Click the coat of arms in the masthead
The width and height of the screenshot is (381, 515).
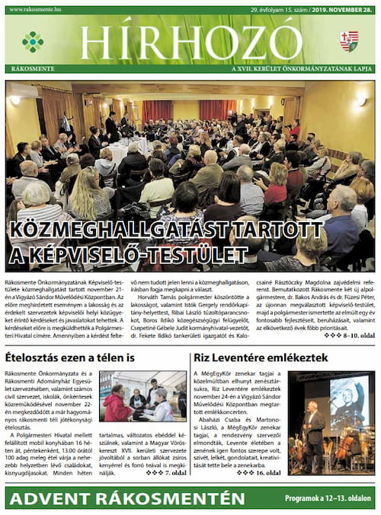pyautogui.click(x=348, y=41)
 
